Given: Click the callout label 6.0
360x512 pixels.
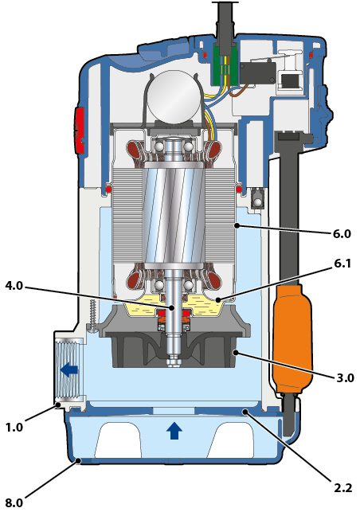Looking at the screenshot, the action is tap(342, 234).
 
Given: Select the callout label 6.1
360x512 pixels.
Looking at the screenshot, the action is tap(342, 264).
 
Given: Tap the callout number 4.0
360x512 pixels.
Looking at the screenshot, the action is tap(14, 286).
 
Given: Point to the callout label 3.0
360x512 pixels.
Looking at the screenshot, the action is tap(345, 377).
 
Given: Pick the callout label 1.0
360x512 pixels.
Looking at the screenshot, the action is tap(14, 427).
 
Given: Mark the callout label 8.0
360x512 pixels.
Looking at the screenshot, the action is tap(14, 503).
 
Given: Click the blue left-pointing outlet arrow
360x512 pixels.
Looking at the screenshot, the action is tap(69, 369).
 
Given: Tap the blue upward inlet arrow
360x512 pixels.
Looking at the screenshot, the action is tap(174, 430).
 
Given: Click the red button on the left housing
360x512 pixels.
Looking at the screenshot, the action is tap(80, 130).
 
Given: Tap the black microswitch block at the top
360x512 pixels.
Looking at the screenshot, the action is tap(256, 72).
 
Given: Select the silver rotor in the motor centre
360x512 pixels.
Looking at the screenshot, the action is tap(173, 216).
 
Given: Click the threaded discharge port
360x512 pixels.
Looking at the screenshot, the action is tap(69, 369).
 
